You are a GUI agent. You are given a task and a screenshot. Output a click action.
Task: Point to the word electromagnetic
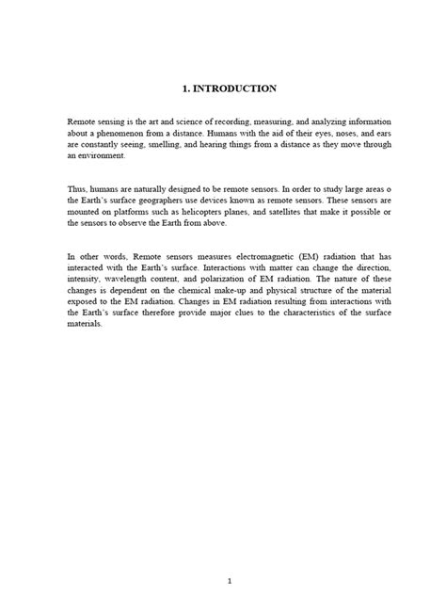click(258, 256)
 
